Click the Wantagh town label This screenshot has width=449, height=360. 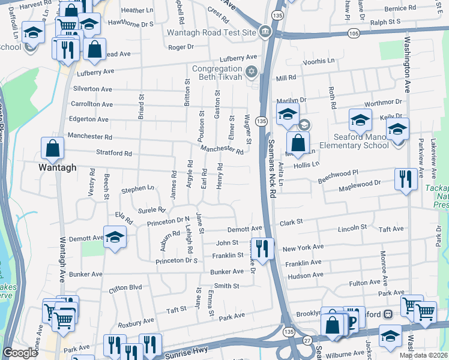58,167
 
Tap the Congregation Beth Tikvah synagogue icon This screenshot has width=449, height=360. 252,73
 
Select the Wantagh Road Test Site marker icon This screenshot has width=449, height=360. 265,32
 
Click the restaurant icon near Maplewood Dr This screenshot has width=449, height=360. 406,178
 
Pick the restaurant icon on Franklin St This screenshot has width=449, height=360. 262,247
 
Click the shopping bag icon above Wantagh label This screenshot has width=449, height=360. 53,148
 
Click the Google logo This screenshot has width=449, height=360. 20,353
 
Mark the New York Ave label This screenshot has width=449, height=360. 303,247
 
